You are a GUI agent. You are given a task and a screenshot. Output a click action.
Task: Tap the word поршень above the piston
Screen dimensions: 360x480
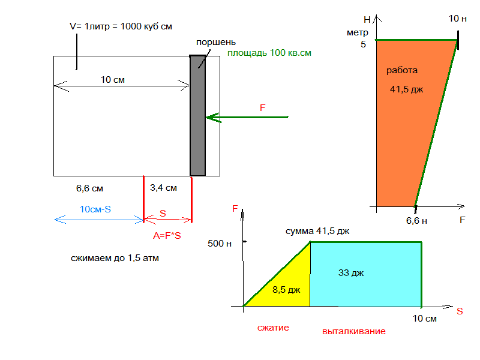(x=216, y=43)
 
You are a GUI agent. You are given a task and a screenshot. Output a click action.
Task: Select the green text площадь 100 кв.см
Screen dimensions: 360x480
(x=269, y=53)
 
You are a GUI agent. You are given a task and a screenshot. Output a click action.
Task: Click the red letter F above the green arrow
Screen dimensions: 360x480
(x=262, y=108)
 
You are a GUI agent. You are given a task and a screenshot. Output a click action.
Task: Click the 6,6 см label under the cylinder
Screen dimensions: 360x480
(x=89, y=188)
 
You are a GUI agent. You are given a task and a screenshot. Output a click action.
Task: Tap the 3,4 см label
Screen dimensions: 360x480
(x=164, y=188)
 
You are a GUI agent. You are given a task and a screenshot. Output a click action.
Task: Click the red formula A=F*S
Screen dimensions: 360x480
(x=167, y=236)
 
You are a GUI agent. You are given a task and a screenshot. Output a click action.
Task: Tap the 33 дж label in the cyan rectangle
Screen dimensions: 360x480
(x=352, y=273)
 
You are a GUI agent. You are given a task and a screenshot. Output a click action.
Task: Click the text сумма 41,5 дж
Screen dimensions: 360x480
(x=317, y=231)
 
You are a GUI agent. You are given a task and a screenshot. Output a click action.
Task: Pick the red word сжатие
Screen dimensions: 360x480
(x=273, y=328)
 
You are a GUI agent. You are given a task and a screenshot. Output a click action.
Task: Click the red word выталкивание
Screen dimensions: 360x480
(x=353, y=331)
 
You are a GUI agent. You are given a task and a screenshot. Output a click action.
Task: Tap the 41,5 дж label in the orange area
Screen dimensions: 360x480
(x=407, y=90)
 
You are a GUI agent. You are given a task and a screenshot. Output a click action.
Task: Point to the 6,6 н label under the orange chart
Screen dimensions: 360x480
(x=416, y=221)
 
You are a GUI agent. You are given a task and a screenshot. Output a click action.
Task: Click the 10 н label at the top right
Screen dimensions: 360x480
(x=458, y=19)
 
